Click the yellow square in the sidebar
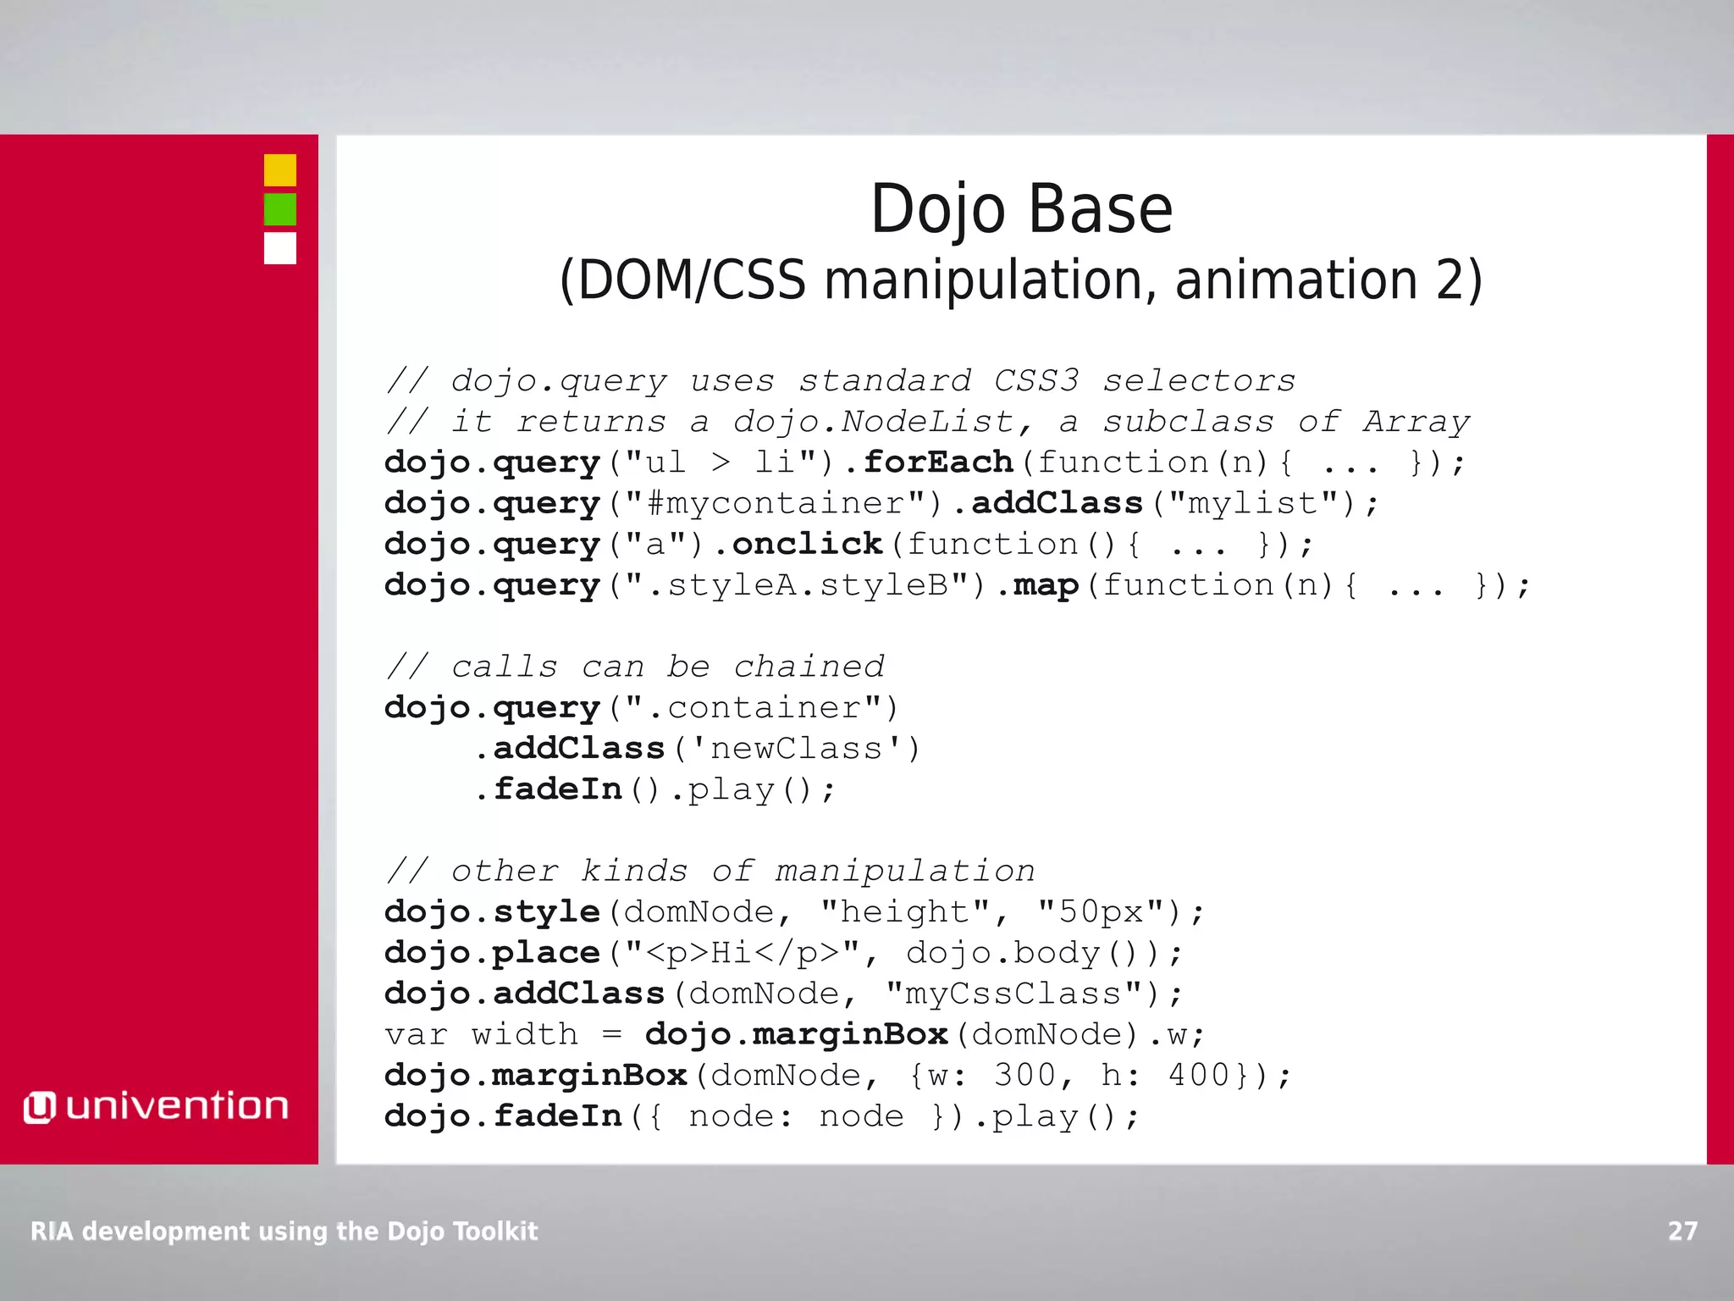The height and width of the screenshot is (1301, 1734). coord(279,170)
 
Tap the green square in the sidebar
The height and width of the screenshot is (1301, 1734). coord(279,209)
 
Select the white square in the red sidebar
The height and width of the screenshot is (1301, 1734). coord(279,248)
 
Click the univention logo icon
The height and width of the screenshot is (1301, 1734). coord(39,1107)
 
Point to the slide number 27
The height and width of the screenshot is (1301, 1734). coord(1682,1231)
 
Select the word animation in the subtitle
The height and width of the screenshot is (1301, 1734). coord(1295,280)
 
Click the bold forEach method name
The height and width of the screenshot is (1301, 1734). coord(938,462)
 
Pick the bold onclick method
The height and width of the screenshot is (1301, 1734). coord(807,544)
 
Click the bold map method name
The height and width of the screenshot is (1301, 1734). coord(1046,585)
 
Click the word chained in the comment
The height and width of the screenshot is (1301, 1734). coord(809,667)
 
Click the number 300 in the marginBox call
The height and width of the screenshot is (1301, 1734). coord(1024,1076)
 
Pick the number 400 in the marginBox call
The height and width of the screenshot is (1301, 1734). coord(1198,1076)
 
